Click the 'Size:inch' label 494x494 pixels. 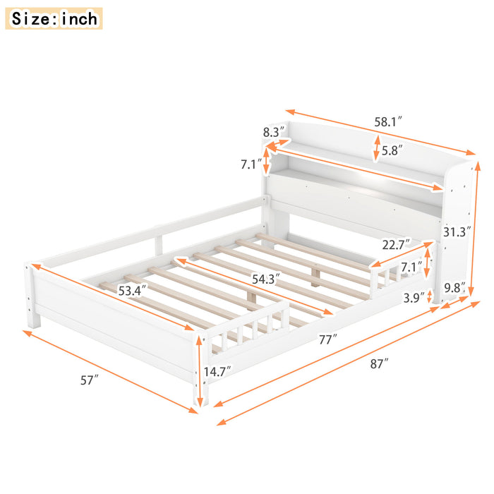pos(54,18)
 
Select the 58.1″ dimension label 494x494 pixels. pos(388,121)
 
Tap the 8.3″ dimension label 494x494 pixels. pos(274,132)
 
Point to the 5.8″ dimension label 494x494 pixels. pos(392,150)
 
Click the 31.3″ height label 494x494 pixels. pos(457,231)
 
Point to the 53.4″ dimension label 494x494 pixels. pos(132,291)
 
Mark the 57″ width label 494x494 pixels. pos(90,380)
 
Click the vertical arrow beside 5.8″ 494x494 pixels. pos(376,149)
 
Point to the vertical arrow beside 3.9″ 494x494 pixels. pos(430,296)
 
